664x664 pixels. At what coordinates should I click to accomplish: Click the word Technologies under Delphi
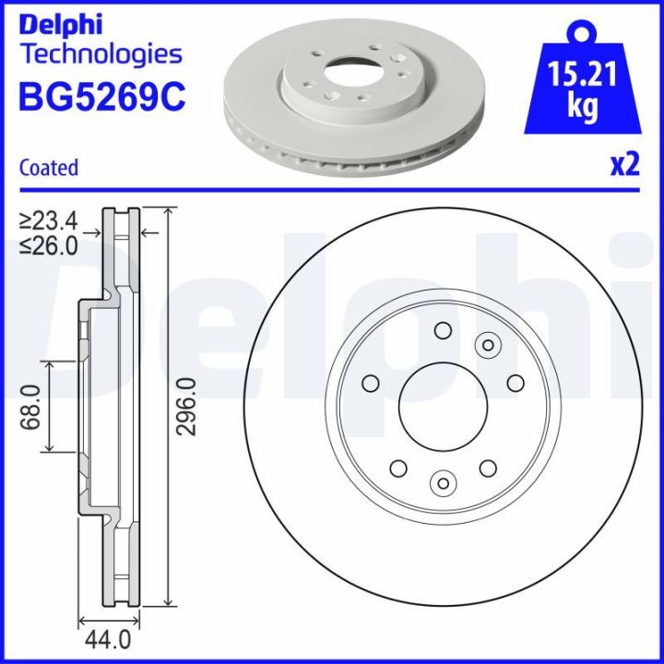point(101,53)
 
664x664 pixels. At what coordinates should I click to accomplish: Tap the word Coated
point(49,168)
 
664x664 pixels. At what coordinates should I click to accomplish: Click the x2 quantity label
point(624,165)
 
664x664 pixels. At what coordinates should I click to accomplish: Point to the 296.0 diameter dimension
point(187,408)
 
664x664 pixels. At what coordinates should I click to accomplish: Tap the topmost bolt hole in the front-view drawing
point(443,330)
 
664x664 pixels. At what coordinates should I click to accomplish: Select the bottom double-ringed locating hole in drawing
point(443,481)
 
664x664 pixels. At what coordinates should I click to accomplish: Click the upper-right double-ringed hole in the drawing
point(486,344)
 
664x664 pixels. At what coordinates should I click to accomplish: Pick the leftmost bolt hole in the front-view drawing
point(371,383)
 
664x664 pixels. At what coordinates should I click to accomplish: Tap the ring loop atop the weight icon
point(580,33)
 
